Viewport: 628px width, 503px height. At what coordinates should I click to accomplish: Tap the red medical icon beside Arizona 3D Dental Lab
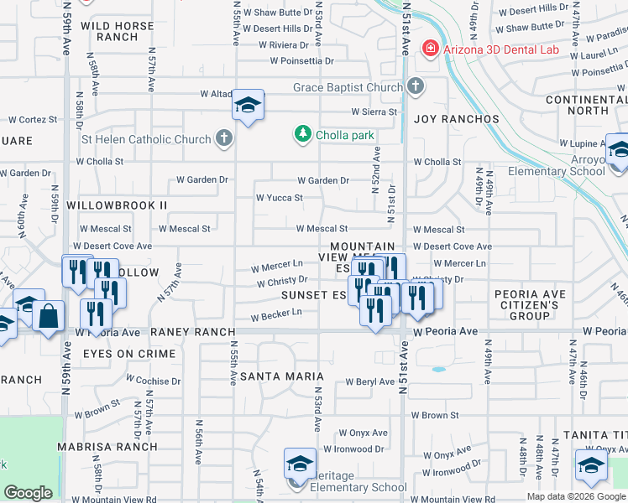click(431, 49)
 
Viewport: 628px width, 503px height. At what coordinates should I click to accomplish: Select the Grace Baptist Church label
click(348, 87)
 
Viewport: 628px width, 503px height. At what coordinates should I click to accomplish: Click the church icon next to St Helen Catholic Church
click(223, 138)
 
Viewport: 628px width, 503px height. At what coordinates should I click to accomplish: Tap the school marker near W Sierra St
click(248, 106)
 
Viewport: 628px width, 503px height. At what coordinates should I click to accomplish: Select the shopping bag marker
click(50, 318)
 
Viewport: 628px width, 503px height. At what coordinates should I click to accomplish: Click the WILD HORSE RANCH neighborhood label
click(118, 32)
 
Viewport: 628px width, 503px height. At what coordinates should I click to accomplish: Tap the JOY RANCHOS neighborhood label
click(457, 119)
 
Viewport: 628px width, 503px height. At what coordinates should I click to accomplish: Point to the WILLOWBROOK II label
click(117, 205)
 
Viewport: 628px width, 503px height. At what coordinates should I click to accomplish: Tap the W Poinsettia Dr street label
click(301, 61)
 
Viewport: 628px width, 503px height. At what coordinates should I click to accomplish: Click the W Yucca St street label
click(279, 198)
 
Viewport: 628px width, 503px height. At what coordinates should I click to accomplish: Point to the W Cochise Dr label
click(152, 381)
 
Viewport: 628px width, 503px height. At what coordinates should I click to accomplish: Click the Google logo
click(28, 493)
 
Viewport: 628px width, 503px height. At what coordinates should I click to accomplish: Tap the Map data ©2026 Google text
click(576, 496)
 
